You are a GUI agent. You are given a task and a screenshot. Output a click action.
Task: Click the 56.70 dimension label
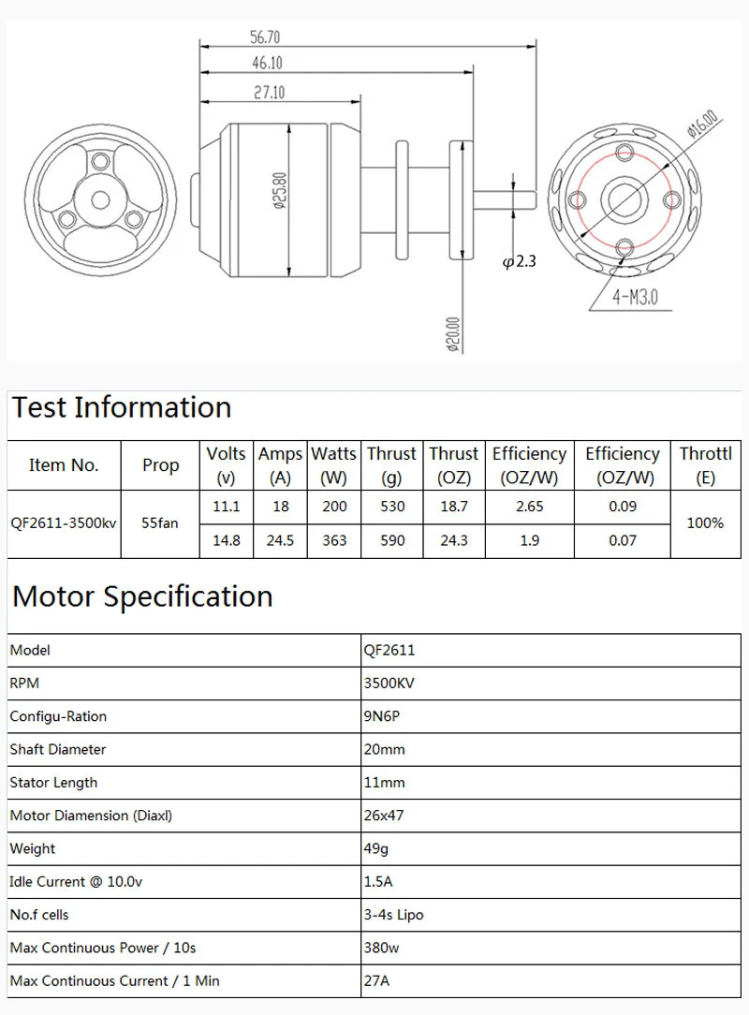[265, 37]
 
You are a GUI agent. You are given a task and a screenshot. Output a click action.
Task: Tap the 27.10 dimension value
[268, 92]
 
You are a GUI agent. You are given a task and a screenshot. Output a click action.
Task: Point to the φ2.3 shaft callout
[520, 261]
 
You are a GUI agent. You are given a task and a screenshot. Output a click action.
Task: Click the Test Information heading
[122, 407]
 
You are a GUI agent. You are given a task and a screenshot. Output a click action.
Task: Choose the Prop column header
[161, 464]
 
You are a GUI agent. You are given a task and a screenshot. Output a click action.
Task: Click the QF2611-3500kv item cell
[64, 523]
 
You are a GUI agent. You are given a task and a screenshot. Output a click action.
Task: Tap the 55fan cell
[160, 523]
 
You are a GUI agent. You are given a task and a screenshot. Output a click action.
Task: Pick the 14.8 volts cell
[226, 540]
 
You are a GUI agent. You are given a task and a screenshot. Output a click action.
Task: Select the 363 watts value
[334, 540]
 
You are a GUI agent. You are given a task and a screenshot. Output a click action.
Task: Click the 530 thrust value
[392, 507]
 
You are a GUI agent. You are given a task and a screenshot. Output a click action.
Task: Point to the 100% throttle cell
[705, 523]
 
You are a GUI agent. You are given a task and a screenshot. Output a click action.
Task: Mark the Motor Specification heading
[142, 596]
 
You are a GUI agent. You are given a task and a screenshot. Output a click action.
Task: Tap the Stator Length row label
[53, 783]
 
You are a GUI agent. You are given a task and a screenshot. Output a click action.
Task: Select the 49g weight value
[375, 848]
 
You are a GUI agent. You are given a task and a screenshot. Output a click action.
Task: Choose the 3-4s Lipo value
[393, 914]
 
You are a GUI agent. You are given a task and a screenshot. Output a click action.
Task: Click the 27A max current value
[375, 980]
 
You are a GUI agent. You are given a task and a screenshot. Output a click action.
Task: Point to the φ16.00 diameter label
[701, 124]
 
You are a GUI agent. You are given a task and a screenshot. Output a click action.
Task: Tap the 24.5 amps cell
[280, 540]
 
